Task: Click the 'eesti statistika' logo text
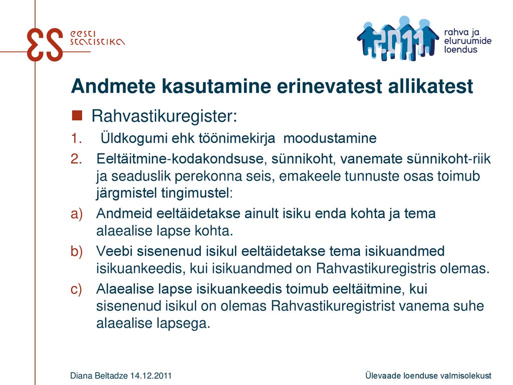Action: [x=97, y=38]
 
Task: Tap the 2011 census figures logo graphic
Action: [x=397, y=38]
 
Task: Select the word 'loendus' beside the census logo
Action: [x=460, y=50]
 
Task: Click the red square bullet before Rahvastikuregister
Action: [x=77, y=116]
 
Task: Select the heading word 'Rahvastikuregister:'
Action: [x=164, y=116]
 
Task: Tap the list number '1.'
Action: [x=76, y=138]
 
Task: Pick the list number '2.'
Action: [x=76, y=159]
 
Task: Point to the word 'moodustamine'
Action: [x=330, y=138]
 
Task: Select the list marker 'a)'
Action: [x=77, y=214]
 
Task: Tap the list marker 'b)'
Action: [x=77, y=252]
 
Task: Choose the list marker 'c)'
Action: [x=76, y=289]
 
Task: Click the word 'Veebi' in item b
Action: [x=114, y=252]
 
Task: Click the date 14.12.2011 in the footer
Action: [x=151, y=375]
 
